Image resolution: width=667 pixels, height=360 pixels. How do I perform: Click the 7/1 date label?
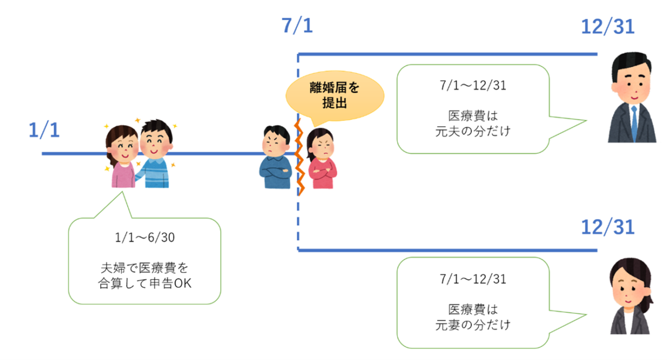(297, 26)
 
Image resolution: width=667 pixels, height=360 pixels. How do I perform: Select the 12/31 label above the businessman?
(608, 26)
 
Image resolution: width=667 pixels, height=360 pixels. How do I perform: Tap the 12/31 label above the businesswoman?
(608, 227)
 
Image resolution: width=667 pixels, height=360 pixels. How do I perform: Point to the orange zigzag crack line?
(299, 155)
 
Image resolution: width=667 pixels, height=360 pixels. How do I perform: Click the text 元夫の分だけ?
(472, 133)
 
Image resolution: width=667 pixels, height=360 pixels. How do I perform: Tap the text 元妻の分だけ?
(472, 324)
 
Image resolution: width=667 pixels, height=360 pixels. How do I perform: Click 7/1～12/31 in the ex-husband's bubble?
(472, 87)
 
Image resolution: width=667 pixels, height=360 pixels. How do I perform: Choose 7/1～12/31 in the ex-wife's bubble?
(472, 279)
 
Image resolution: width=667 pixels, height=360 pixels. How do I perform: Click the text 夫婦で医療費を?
(144, 267)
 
